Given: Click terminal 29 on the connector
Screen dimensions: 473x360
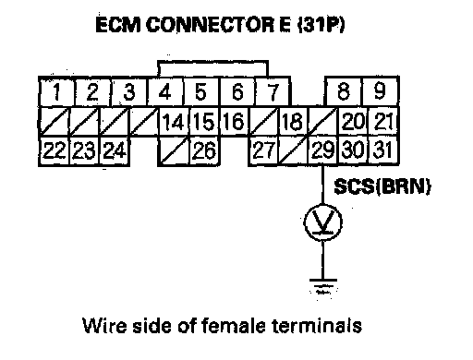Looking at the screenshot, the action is (322, 150).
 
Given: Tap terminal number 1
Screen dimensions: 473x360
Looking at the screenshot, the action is (56, 91).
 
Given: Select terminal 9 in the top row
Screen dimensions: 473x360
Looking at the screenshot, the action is (381, 91).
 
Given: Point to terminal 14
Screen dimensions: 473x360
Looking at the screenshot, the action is (174, 121).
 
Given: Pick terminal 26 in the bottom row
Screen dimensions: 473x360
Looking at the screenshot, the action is (204, 150).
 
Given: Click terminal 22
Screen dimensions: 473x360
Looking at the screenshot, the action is (55, 150).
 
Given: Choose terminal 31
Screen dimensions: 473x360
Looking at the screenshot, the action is (383, 150).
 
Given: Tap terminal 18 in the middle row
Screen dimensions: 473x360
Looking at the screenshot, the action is (293, 121).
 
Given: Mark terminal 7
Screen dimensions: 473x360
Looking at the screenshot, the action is (273, 91).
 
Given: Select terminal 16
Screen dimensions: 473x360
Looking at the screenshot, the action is (234, 121).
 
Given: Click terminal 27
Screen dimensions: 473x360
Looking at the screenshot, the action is (263, 150).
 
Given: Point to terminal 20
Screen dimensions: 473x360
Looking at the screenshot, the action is (353, 121).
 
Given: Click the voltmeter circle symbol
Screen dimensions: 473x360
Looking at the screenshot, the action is (322, 222).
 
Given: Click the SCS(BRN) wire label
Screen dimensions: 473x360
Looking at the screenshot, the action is (382, 186).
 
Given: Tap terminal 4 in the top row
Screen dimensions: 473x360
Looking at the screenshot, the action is (165, 91).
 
